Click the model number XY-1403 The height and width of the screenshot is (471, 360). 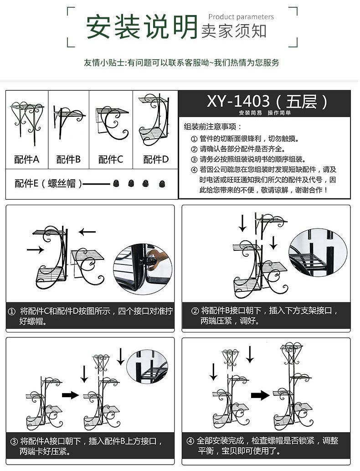238,101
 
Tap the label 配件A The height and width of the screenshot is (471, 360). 27,159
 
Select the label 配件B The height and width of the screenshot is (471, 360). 68,159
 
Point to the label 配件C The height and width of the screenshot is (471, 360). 111,159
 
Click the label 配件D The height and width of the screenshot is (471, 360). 156,159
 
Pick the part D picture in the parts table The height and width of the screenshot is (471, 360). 154,119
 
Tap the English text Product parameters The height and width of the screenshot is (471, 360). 241,17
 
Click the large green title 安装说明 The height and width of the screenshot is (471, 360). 142,27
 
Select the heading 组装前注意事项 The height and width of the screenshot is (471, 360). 212,127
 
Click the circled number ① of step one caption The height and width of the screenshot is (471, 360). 12,311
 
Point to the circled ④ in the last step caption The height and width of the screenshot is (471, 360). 190,441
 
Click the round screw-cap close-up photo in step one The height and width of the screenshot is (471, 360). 143,269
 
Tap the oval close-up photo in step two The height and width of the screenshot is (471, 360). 318,253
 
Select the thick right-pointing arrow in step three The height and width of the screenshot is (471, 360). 70,395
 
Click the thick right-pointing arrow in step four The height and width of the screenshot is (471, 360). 260,395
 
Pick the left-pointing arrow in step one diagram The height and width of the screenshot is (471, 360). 87,232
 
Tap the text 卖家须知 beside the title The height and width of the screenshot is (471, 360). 234,31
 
